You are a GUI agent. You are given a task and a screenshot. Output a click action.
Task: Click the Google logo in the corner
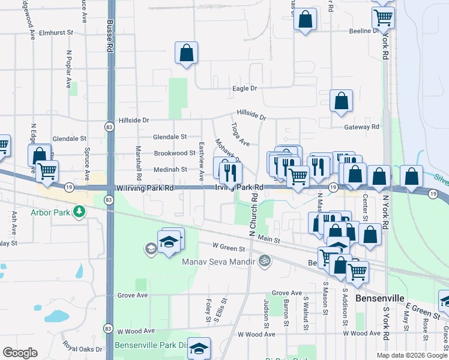click(20, 353)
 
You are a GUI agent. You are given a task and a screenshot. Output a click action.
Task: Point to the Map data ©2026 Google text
click(412, 355)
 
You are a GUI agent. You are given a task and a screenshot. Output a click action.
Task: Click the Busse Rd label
click(110, 35)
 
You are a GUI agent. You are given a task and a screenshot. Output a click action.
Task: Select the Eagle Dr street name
click(244, 88)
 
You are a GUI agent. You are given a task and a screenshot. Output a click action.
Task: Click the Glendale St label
click(170, 136)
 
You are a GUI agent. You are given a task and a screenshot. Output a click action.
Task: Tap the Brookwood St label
click(175, 153)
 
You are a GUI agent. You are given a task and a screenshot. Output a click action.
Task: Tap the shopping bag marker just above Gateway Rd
click(341, 103)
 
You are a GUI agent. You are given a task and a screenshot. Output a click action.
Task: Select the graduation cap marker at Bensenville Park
click(199, 347)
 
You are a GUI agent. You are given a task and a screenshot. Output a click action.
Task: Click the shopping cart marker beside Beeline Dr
click(383, 17)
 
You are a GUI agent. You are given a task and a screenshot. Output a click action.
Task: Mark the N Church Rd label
click(254, 214)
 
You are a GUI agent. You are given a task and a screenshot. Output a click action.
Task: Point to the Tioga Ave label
click(240, 135)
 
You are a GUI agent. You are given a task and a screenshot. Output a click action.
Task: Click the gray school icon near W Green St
click(150, 248)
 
